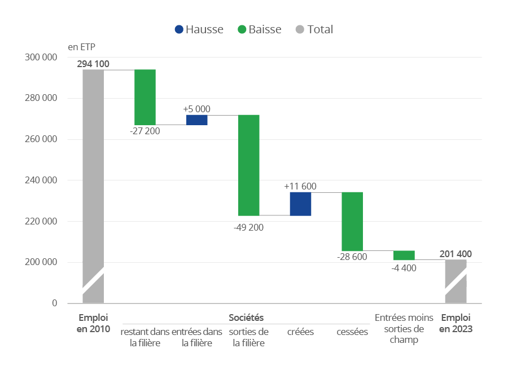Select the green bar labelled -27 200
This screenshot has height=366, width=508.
(145, 97)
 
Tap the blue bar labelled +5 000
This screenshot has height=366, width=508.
(197, 120)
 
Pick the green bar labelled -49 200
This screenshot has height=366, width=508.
(249, 165)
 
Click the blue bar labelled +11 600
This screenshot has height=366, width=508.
(300, 204)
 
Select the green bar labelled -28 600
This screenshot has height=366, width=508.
(352, 221)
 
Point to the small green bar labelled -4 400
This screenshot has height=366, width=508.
(404, 255)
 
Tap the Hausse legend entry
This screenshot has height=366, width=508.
(199, 29)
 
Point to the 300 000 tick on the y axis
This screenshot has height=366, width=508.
(41, 57)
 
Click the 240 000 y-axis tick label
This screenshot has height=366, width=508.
(41, 180)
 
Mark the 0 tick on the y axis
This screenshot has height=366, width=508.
(54, 303)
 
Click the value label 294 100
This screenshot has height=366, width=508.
(93, 64)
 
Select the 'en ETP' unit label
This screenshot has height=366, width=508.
(81, 46)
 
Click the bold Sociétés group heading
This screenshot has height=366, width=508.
(246, 318)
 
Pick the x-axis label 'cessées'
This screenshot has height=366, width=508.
(352, 332)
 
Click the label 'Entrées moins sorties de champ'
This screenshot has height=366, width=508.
(404, 329)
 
